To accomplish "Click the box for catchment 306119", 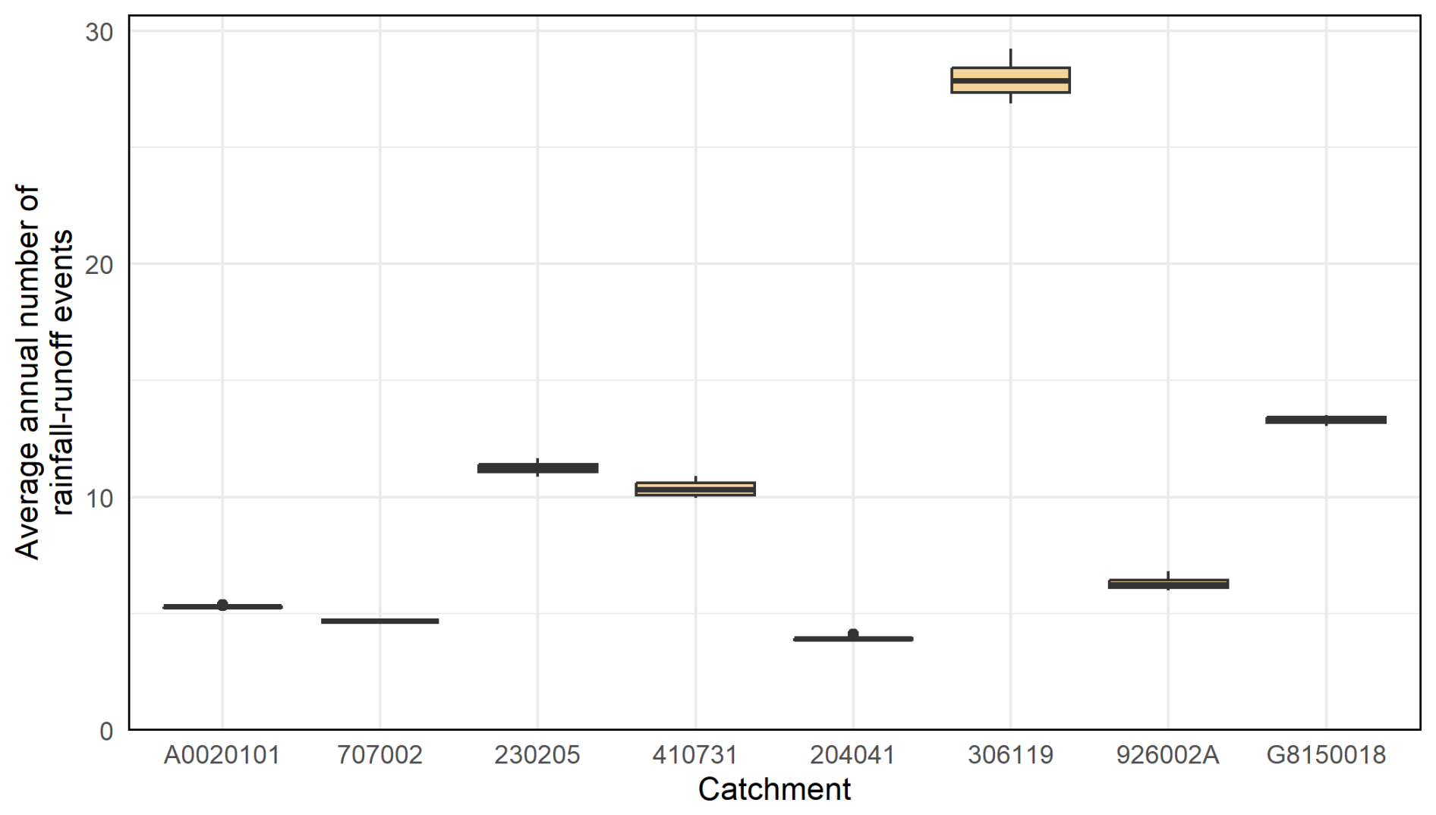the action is click(x=1010, y=80).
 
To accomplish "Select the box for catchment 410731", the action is click(x=695, y=489).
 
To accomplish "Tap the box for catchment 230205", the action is click(x=537, y=468).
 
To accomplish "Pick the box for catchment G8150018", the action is click(x=1326, y=420).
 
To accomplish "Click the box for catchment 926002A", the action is click(x=1168, y=584).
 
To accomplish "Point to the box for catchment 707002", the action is click(x=379, y=621).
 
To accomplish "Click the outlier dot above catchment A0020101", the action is click(x=222, y=605).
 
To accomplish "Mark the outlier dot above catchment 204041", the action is click(x=853, y=634).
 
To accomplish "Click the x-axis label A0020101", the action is click(x=222, y=755).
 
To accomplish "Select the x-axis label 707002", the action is click(x=379, y=755).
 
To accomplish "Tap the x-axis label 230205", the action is click(x=537, y=755).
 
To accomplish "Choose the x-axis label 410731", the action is click(x=695, y=755).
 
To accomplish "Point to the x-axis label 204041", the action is click(x=853, y=755).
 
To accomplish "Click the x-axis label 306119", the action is click(x=1010, y=755).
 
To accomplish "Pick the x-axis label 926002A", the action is click(x=1168, y=755).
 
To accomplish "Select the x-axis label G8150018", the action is click(x=1326, y=755).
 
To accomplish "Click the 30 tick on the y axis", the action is click(x=99, y=32).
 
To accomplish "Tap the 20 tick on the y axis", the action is click(x=99, y=265).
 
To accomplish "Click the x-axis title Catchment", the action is click(x=774, y=789).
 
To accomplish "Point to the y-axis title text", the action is click(x=44, y=372).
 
